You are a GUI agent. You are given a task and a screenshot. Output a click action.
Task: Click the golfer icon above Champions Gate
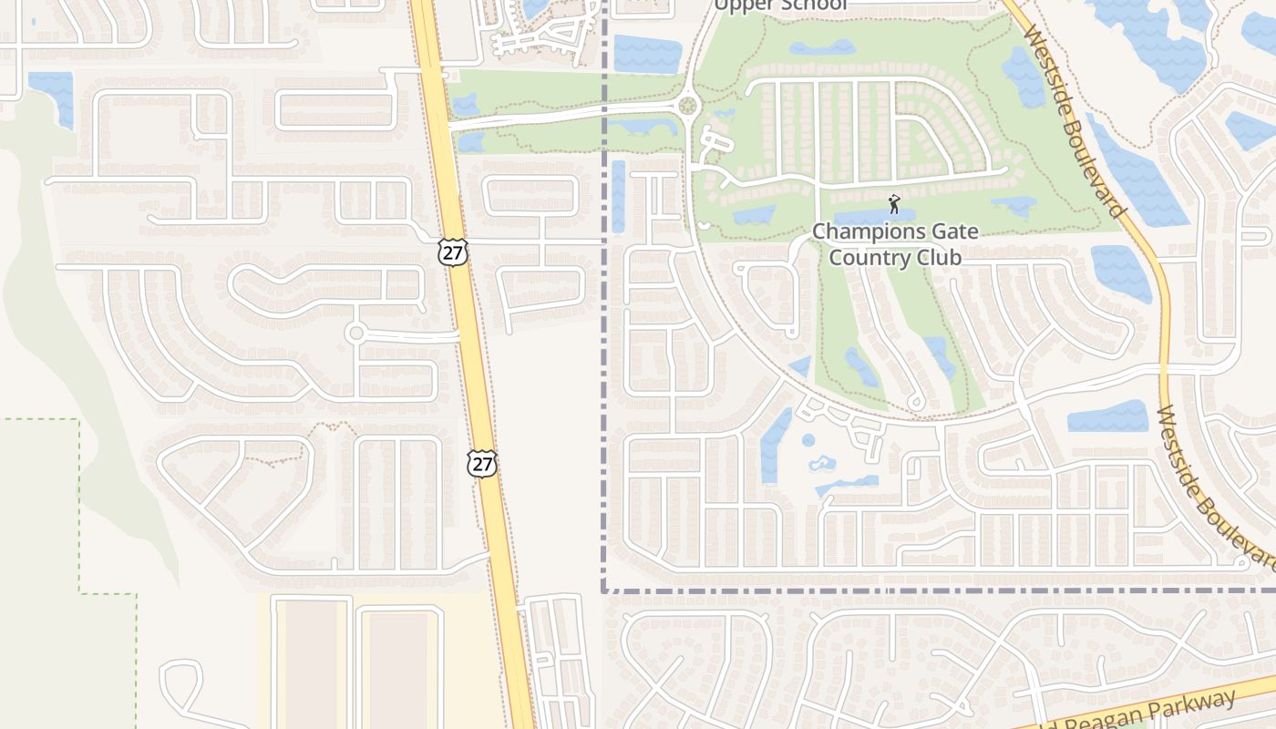pyautogui.click(x=894, y=204)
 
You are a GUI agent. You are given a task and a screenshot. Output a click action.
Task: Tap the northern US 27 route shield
pyautogui.click(x=452, y=252)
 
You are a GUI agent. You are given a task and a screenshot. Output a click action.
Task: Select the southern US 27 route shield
pyautogui.click(x=482, y=463)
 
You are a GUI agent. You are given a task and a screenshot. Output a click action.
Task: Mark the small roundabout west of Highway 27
pyautogui.click(x=355, y=334)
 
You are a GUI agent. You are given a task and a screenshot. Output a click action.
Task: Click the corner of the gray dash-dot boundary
pyautogui.click(x=604, y=590)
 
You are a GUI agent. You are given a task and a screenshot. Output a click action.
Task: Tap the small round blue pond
pyautogui.click(x=808, y=440)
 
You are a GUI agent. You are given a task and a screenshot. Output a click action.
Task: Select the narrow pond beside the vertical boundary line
pyautogui.click(x=619, y=196)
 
